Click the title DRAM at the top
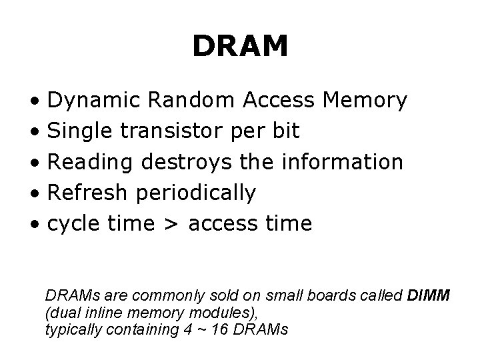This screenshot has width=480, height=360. click(x=240, y=47)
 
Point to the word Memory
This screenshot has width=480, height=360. click(x=364, y=101)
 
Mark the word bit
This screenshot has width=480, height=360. click(x=286, y=131)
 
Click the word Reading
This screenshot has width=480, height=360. click(x=89, y=163)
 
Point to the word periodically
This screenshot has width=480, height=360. click(x=195, y=193)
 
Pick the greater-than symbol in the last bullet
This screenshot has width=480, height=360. click(x=171, y=224)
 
